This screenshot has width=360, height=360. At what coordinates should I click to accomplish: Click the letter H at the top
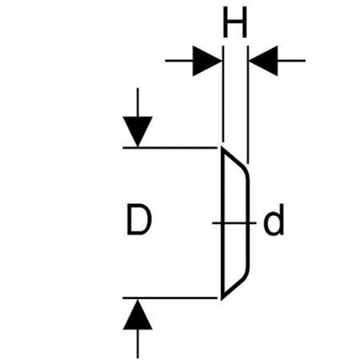(x=235, y=22)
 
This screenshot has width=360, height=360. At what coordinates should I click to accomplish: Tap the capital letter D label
(x=139, y=219)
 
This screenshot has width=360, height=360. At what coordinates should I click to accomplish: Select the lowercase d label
(x=274, y=219)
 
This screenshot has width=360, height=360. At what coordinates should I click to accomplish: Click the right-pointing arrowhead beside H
(x=207, y=61)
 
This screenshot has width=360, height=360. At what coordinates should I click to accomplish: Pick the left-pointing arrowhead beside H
(x=263, y=61)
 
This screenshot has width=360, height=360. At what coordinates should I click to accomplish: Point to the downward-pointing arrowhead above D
(x=138, y=131)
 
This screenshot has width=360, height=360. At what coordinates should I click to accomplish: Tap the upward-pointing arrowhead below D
(x=138, y=314)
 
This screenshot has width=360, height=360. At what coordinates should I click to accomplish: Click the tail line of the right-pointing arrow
(x=179, y=61)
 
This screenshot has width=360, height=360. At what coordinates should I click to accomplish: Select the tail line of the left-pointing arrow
(x=291, y=61)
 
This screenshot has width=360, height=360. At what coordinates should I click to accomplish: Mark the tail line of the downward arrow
(x=138, y=102)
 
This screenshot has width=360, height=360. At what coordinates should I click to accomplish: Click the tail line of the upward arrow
(x=138, y=344)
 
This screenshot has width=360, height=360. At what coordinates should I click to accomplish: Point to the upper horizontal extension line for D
(x=170, y=147)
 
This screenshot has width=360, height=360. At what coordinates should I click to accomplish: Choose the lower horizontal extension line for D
(x=170, y=298)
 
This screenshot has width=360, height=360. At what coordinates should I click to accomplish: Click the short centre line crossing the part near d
(x=234, y=222)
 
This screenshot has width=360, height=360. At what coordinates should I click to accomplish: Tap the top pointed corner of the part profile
(x=222, y=147)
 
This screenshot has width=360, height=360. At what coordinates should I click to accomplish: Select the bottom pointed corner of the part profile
(x=222, y=299)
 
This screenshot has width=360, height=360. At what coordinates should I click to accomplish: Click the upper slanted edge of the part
(x=232, y=158)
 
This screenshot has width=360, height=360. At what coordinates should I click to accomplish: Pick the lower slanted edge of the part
(x=232, y=287)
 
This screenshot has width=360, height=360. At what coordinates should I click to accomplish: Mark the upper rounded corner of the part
(x=246, y=174)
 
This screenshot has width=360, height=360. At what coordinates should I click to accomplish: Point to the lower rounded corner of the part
(x=246, y=273)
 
